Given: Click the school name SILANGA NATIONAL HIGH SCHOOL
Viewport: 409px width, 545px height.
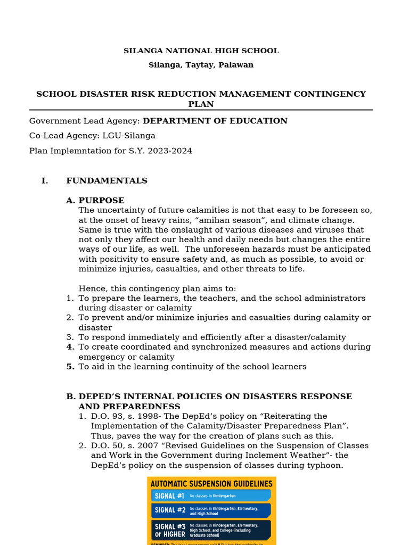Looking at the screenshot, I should [201, 51].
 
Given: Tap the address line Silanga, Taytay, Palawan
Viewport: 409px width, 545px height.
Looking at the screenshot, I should [201, 65].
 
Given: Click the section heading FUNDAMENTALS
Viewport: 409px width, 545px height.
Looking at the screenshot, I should [107, 181].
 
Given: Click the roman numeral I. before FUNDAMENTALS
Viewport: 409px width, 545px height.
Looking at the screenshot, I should [45, 181].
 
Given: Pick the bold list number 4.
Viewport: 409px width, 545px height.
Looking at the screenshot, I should [70, 347].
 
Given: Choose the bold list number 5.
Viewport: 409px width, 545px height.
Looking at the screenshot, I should [70, 367].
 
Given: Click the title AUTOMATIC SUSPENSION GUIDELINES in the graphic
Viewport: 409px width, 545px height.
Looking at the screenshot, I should [211, 484].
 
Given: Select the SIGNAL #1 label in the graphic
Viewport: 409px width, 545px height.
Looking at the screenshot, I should [169, 496].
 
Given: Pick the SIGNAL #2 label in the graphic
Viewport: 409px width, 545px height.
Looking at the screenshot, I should [169, 510].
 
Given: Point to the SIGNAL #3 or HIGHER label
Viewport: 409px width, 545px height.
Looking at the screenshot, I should [170, 530].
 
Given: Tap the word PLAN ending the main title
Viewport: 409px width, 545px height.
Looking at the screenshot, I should [201, 104].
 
